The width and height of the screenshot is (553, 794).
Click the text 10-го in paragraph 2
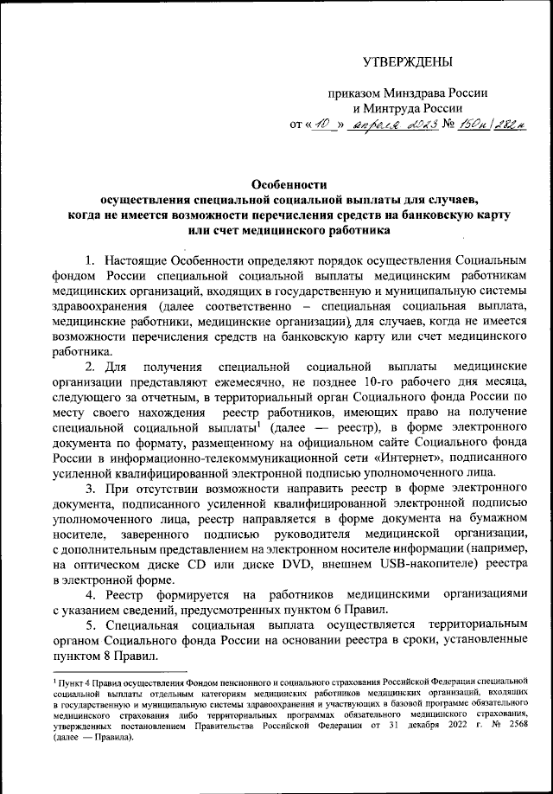click(382, 383)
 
